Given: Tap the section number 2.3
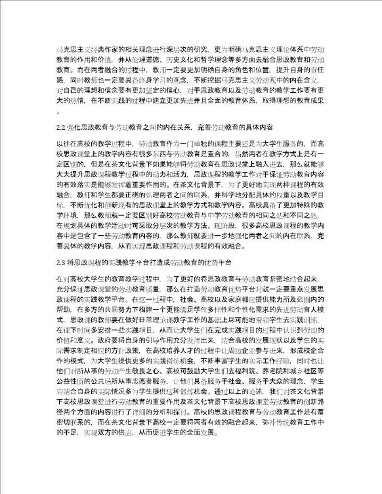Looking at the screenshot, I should coord(60,262).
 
